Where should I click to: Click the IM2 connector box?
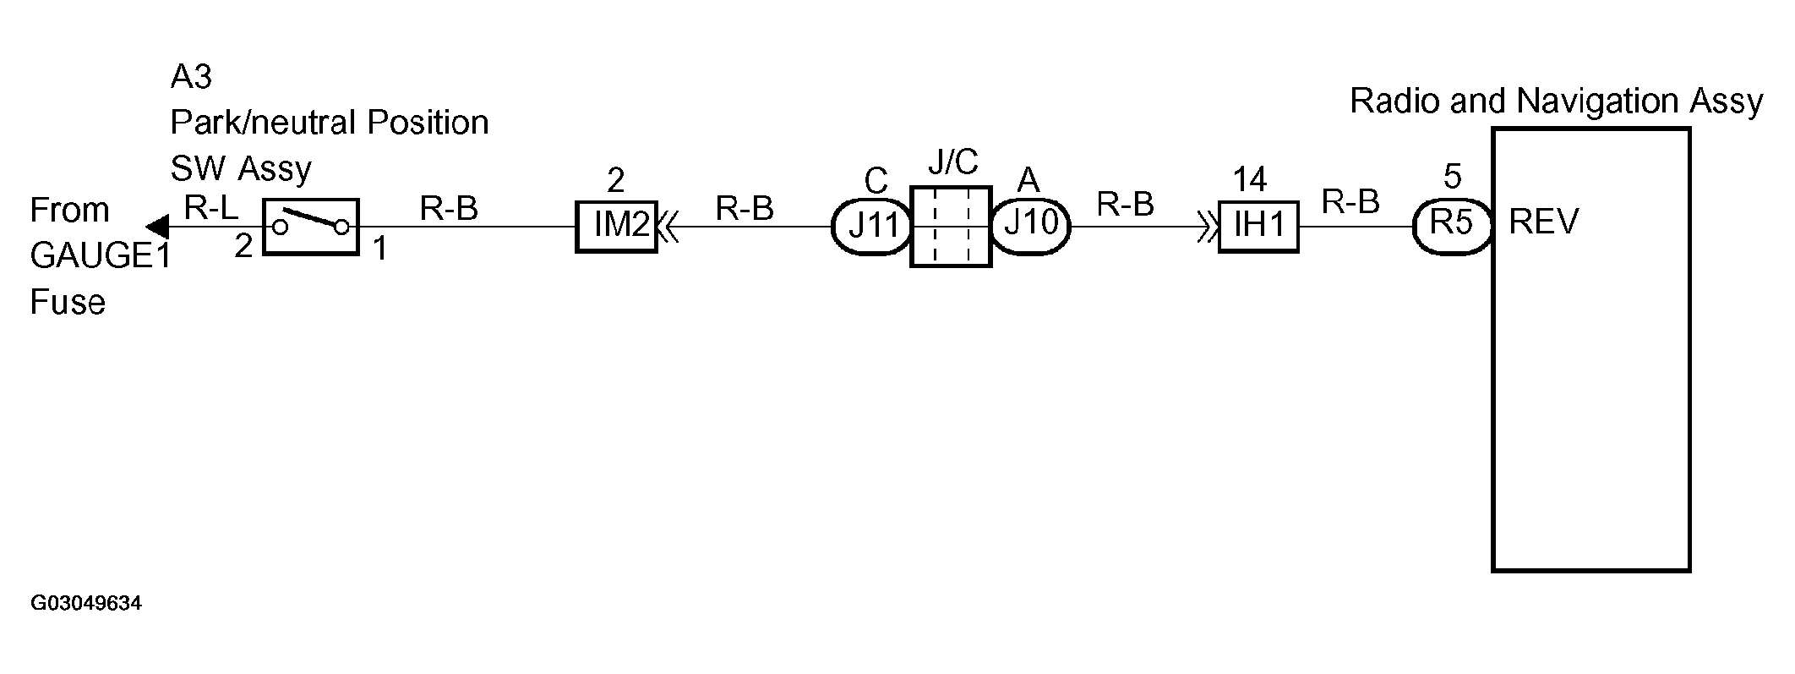[x=616, y=227]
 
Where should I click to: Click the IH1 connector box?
[x=1258, y=227]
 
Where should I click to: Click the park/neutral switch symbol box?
[x=311, y=226]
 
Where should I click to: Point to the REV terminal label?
[x=1543, y=222]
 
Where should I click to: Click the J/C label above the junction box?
[x=952, y=162]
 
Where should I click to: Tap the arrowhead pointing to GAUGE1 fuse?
[x=156, y=227]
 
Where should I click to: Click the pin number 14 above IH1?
[x=1249, y=179]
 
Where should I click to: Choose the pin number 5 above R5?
[x=1452, y=177]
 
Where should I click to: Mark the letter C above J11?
[x=876, y=181]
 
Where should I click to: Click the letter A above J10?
[x=1028, y=180]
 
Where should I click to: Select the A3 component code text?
[x=191, y=77]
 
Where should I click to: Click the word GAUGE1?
[x=100, y=256]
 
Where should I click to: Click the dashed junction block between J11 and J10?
[x=951, y=227]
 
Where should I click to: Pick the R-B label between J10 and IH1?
[x=1125, y=205]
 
